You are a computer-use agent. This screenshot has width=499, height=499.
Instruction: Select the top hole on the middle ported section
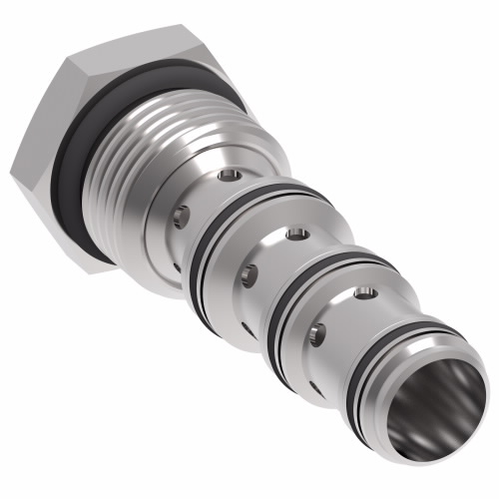295,236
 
